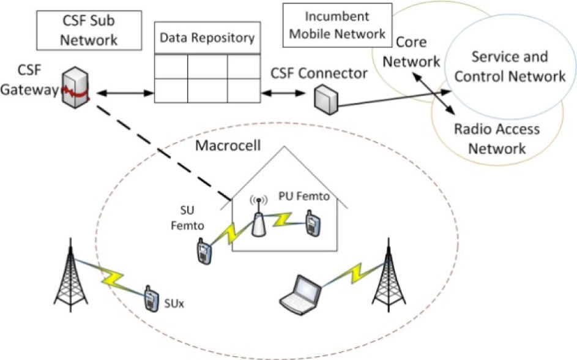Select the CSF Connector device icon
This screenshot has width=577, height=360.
click(x=325, y=99)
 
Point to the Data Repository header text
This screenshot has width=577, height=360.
click(x=207, y=38)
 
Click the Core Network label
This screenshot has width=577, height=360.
click(x=418, y=53)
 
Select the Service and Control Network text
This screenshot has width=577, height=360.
click(x=509, y=67)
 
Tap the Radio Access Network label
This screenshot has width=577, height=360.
click(x=496, y=138)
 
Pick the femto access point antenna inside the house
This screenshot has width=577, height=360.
click(x=258, y=217)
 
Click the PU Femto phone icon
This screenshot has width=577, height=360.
click(x=312, y=222)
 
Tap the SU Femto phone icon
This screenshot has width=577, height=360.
click(x=203, y=252)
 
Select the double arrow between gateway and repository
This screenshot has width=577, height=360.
click(x=122, y=93)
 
